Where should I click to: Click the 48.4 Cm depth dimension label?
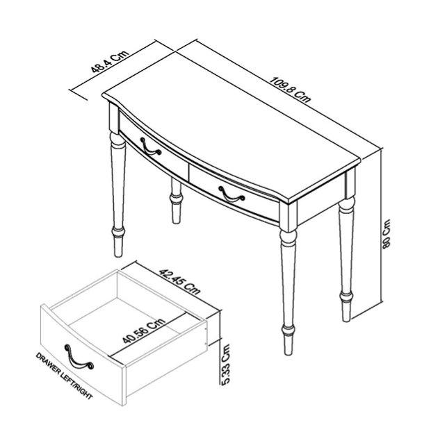(x=110, y=62)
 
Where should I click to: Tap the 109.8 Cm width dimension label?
(x=290, y=89)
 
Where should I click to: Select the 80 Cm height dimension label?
(x=387, y=233)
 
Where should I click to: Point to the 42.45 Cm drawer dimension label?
(x=179, y=282)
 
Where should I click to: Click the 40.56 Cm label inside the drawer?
(x=144, y=331)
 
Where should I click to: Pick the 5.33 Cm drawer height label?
(x=226, y=365)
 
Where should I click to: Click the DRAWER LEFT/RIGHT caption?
(x=64, y=376)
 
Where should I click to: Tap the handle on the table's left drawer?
(x=151, y=147)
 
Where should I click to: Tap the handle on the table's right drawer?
(x=231, y=194)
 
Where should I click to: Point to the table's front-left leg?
(x=117, y=194)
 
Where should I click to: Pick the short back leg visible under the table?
(x=176, y=201)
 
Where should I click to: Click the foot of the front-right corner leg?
(x=288, y=345)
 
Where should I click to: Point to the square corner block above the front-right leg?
(x=288, y=217)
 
